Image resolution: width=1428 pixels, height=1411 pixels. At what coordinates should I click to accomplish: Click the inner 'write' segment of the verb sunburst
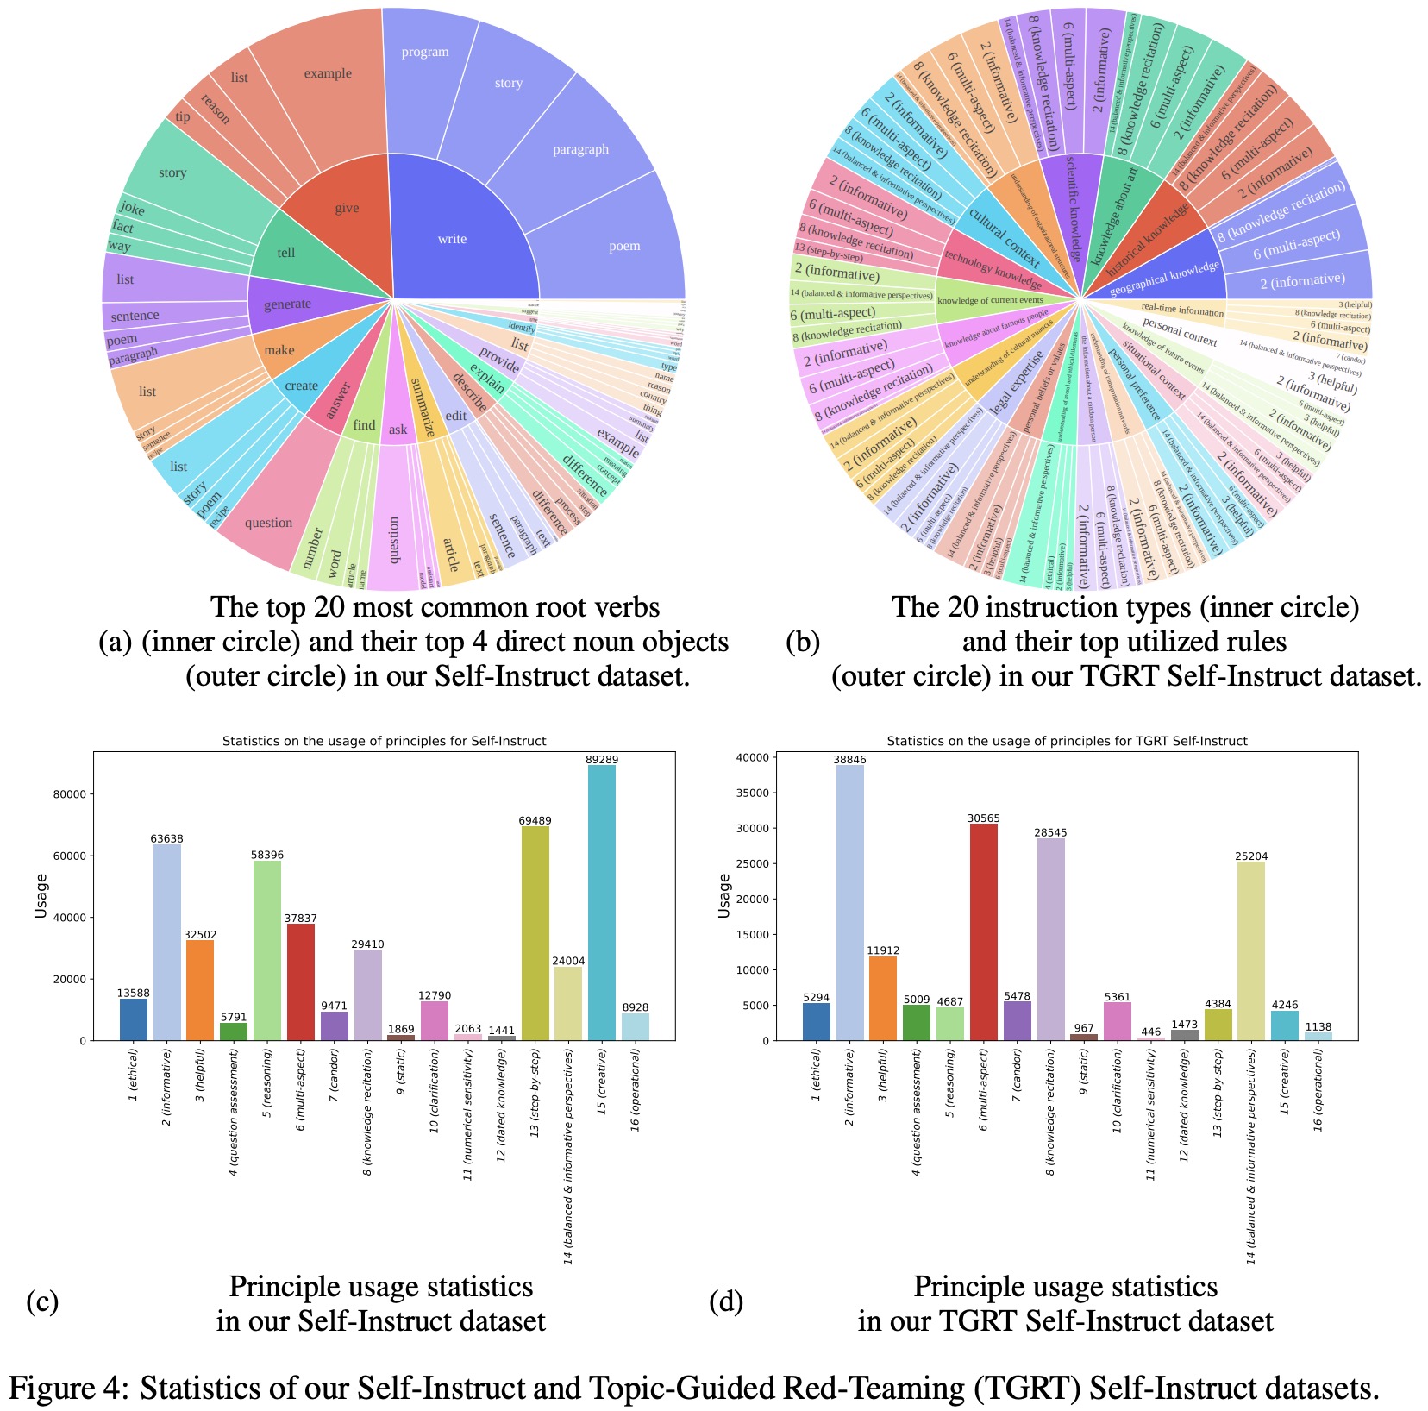452,239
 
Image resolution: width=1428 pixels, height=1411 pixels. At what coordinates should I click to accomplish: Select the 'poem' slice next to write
623,246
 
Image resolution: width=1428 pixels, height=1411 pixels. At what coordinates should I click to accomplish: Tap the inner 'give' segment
347,208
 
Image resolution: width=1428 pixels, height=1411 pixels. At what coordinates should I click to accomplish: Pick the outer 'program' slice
425,53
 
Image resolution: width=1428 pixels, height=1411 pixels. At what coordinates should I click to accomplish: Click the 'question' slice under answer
268,523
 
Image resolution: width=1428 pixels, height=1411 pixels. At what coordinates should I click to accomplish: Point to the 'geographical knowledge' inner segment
1164,278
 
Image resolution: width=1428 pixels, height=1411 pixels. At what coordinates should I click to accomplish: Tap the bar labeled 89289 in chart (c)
602,902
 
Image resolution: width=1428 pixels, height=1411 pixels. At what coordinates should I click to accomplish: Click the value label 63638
167,838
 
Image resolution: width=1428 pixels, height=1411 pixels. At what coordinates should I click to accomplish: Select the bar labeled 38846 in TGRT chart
850,902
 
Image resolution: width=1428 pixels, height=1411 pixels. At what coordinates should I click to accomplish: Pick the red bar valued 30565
984,931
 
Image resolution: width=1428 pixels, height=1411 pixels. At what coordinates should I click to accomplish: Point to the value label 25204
1250,856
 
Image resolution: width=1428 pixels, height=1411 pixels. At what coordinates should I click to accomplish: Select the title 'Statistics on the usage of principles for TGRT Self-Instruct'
1067,741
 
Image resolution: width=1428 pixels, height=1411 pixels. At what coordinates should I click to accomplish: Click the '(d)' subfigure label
726,1301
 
